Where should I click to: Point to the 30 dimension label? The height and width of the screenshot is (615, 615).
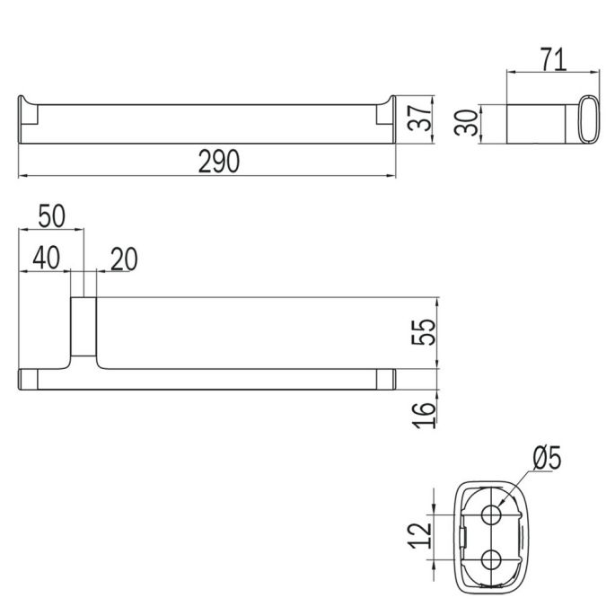[465, 123]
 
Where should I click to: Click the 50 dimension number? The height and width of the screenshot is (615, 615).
[51, 216]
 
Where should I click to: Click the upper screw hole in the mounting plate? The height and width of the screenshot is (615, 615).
[492, 514]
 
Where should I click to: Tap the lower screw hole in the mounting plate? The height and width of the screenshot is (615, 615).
[492, 559]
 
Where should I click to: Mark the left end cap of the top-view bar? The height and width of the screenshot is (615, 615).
[28, 378]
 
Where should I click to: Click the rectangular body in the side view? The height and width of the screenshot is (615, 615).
[536, 124]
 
